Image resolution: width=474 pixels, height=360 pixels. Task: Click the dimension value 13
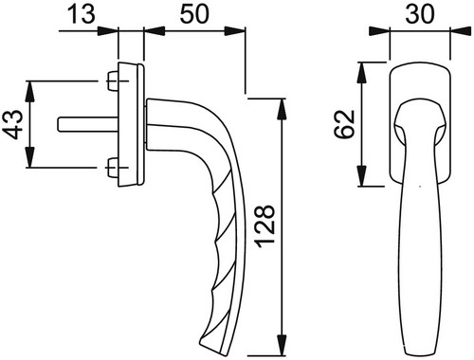[82, 14]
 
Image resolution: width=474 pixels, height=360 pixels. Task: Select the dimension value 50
[194, 14]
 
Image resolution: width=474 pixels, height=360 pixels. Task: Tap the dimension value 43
[15, 124]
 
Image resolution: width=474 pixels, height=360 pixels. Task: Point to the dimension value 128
[264, 226]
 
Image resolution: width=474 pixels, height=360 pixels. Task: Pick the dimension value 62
[344, 124]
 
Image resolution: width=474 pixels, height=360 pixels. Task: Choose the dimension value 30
[420, 14]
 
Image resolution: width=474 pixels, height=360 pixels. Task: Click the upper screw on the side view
[113, 81]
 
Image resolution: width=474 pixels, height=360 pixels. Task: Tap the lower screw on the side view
[113, 168]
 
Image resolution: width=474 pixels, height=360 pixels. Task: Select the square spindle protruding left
[88, 124]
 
